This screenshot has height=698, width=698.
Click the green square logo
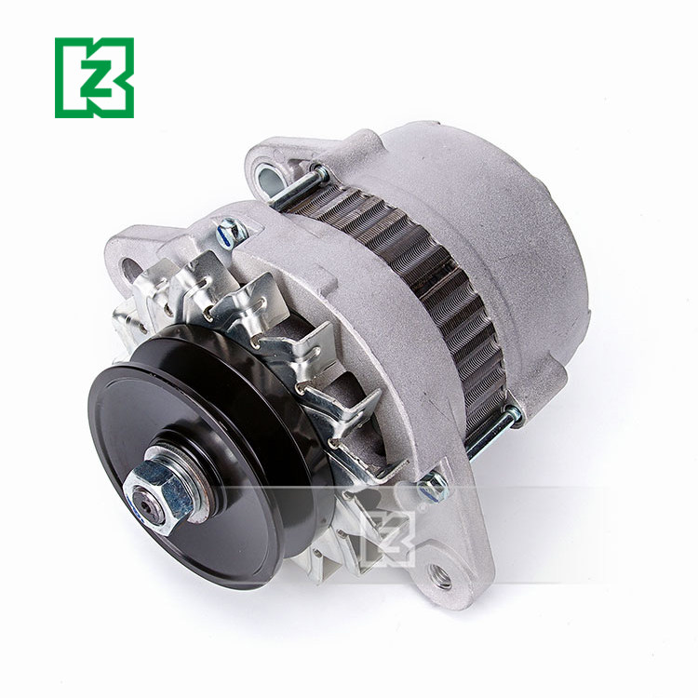tap(94, 77)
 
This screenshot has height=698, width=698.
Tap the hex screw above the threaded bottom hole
tap(432, 485)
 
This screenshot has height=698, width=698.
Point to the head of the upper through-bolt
tap(316, 173)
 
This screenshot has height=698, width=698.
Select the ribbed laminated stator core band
tap(419, 279)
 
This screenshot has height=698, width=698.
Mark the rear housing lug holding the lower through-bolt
tap(515, 410)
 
